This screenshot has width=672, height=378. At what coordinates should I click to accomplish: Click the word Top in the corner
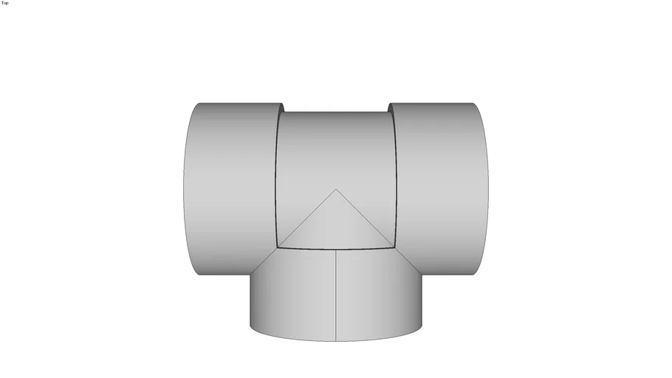coord(5,3)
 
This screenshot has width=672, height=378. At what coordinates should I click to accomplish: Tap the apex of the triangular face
coord(336,190)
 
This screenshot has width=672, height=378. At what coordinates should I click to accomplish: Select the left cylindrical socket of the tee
coord(229,185)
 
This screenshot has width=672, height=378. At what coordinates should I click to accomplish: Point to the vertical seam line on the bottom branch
coord(336,295)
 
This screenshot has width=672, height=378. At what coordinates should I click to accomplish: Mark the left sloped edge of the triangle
coord(306,219)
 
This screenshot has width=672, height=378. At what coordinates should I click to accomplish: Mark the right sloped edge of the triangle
coord(366,219)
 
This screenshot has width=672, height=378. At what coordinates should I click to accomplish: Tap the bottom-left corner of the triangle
coord(278,247)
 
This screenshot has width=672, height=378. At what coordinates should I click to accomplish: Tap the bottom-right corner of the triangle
coord(395,247)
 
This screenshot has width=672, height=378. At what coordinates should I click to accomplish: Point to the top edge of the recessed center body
coord(336,112)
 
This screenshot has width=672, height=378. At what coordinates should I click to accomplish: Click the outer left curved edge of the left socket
coord(183,185)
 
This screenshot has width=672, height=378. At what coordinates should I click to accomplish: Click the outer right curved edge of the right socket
coord(488,185)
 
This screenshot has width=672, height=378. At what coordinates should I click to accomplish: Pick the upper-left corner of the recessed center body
coord(283,112)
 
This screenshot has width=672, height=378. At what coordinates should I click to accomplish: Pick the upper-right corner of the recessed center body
coord(389,112)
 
